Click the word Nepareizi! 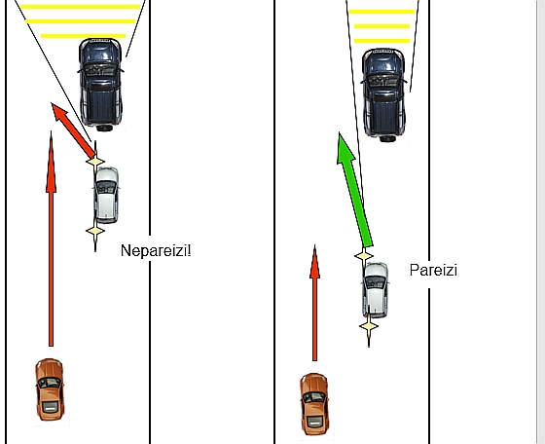click(156, 250)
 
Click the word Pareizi click(433, 270)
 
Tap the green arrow click(355, 190)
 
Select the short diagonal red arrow click(73, 130)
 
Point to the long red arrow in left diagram click(51, 239)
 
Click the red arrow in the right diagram click(314, 303)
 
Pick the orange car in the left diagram click(50, 389)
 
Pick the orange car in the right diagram click(314, 404)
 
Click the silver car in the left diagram click(106, 195)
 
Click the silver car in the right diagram click(375, 290)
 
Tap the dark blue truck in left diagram click(101, 85)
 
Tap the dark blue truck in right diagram click(383, 95)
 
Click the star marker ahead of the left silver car click(95, 162)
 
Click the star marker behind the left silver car click(95, 231)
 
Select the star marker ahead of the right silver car click(364, 256)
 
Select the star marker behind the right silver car click(369, 326)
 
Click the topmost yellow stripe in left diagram click(80, 7)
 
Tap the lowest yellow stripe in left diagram click(83, 36)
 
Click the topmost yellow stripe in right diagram click(381, 12)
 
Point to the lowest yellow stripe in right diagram click(381, 41)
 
